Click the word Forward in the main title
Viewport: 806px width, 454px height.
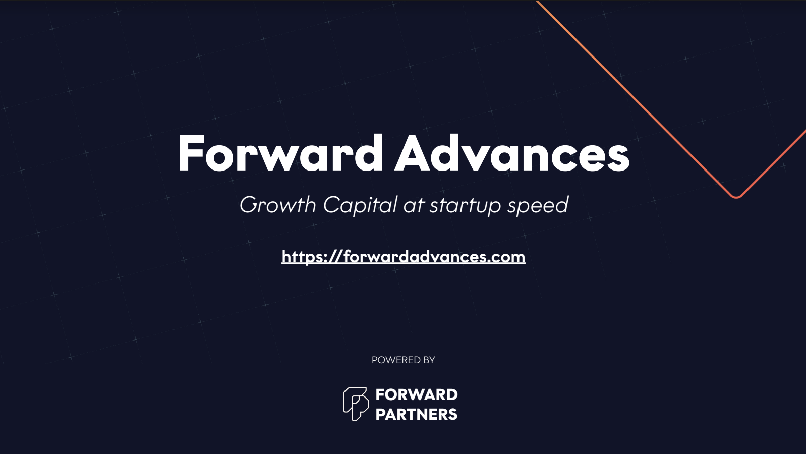click(x=280, y=153)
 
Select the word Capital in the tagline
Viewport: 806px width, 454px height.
click(x=360, y=205)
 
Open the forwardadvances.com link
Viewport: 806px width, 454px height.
click(x=404, y=257)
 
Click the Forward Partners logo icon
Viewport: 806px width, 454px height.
click(x=356, y=404)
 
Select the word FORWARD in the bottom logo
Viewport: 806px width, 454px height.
click(x=417, y=394)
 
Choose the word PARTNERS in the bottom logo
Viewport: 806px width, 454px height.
click(x=417, y=414)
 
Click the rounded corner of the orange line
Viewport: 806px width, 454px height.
click(x=736, y=197)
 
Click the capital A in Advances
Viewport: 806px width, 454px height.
click(x=412, y=153)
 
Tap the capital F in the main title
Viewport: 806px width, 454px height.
click(x=189, y=153)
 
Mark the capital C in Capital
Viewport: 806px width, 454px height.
click(x=331, y=205)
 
